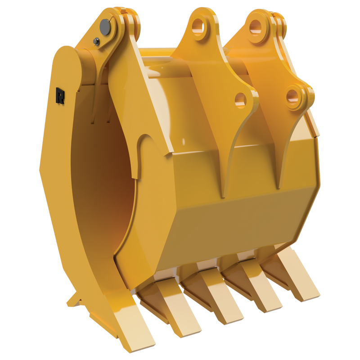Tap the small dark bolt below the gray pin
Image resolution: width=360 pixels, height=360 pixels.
96,42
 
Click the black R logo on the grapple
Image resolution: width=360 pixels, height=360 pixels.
60,95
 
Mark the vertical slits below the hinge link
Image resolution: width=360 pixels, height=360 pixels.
100,108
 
